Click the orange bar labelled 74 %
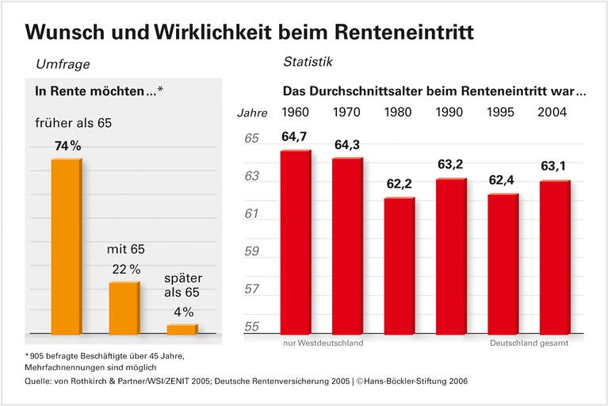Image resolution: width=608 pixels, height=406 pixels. coord(66,247)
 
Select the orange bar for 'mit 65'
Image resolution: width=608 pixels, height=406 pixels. coord(124,308)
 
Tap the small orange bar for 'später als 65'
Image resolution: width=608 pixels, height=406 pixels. coord(182,329)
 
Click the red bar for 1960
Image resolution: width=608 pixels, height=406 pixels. coord(296,243)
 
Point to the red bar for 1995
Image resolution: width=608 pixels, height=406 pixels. coord(503,264)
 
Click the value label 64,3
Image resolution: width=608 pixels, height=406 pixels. coord(347,145)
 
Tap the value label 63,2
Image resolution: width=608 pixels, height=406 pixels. coord(451,165)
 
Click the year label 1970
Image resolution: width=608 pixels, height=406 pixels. coord(347,112)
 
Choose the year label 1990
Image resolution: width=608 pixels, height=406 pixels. coord(451,112)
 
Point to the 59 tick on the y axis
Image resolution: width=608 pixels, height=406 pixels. coord(251,252)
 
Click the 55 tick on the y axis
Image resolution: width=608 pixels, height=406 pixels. coord(251,327)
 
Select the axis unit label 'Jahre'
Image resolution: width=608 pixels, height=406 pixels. coord(253,113)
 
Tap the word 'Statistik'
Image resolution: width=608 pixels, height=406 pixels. coord(308,60)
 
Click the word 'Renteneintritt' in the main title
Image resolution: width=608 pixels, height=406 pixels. coord(393,33)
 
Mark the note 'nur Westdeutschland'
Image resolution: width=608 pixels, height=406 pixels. coord(323,343)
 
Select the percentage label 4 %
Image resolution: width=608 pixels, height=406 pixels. coord(182,312)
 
